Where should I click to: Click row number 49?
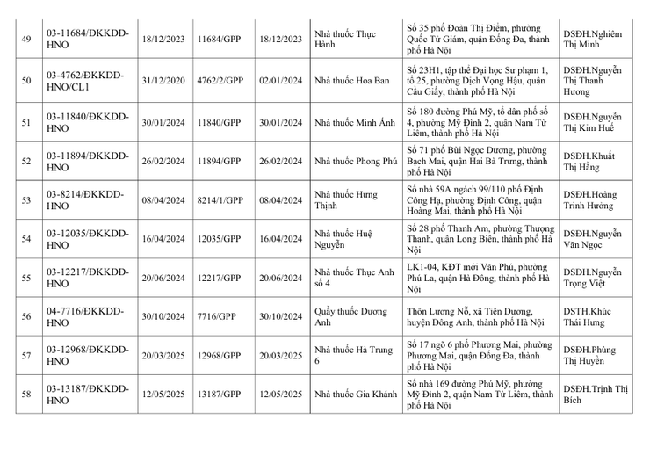click(25, 40)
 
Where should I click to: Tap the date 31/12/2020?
click(162, 79)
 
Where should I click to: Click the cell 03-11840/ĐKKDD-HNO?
click(87, 121)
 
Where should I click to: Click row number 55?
click(25, 278)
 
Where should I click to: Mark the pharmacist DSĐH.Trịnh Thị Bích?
click(596, 395)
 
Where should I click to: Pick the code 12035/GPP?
click(219, 238)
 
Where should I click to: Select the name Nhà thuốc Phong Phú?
click(356, 161)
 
